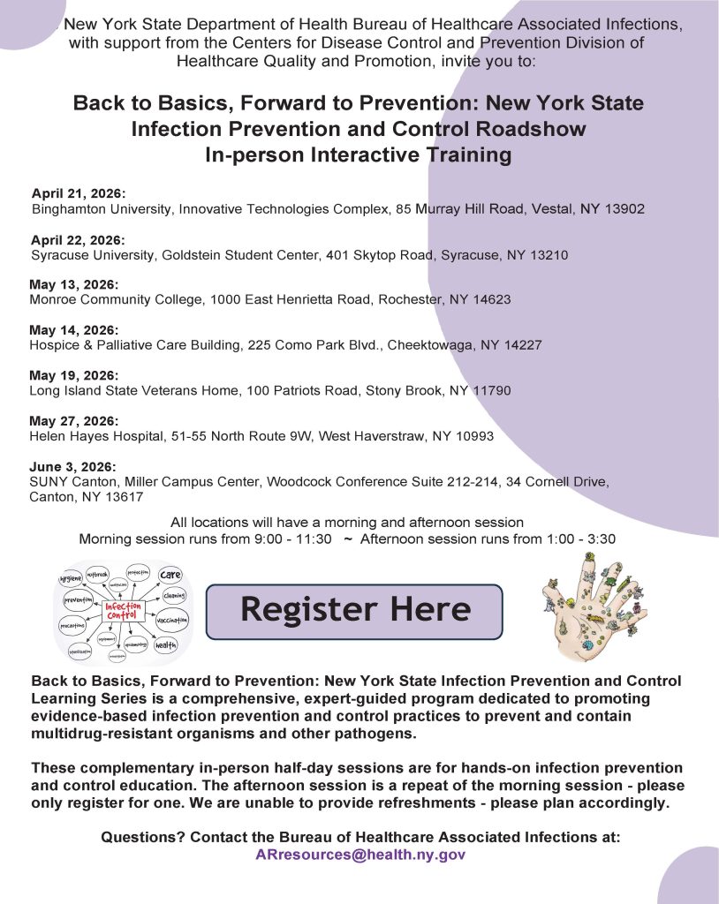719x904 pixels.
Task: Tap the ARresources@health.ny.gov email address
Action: (359, 855)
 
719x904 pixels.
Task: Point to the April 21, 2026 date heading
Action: (79, 193)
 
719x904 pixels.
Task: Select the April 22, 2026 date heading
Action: (79, 239)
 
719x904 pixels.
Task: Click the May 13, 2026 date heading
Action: (73, 284)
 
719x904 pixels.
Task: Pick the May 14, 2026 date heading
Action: (73, 329)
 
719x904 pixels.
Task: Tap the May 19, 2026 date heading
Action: (73, 375)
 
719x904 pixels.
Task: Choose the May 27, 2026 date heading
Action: (73, 421)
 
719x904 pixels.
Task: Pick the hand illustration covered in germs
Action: (592, 606)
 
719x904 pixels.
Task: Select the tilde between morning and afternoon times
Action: (347, 539)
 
